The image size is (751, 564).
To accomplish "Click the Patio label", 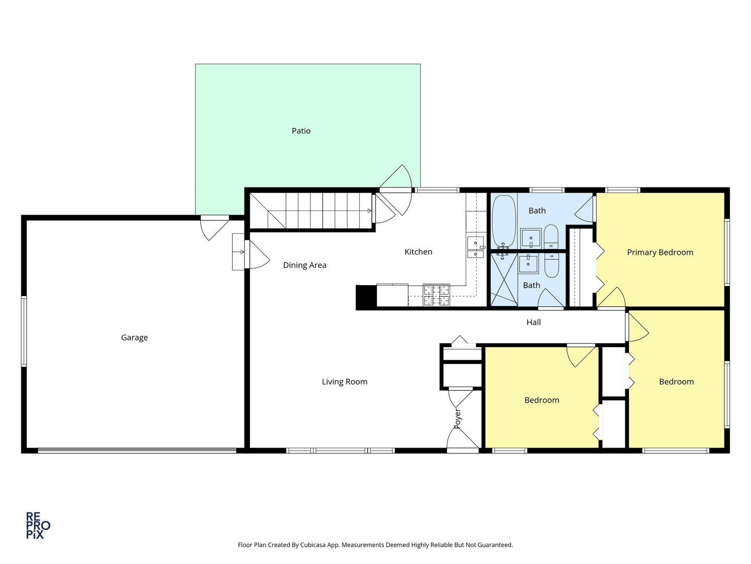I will pyautogui.click(x=301, y=131).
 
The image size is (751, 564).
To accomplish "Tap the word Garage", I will pyautogui.click(x=135, y=338).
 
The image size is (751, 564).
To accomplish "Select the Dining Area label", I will pyautogui.click(x=305, y=265).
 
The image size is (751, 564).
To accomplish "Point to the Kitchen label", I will pyautogui.click(x=418, y=252).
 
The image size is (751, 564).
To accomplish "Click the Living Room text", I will pyautogui.click(x=344, y=382).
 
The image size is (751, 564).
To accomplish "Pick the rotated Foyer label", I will pyautogui.click(x=458, y=419).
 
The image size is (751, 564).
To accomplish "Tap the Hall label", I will pyautogui.click(x=533, y=322).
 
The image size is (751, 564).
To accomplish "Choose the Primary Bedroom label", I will pyautogui.click(x=660, y=252).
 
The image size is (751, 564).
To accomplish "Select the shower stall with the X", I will pyautogui.click(x=503, y=279).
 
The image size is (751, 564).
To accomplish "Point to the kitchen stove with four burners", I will pyautogui.click(x=436, y=295).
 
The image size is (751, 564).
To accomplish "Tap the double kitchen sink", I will pyautogui.click(x=475, y=248).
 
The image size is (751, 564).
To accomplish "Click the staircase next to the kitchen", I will pyautogui.click(x=311, y=210).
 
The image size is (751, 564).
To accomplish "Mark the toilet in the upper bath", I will pyautogui.click(x=551, y=238).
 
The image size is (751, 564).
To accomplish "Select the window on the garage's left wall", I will pyautogui.click(x=24, y=332).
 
